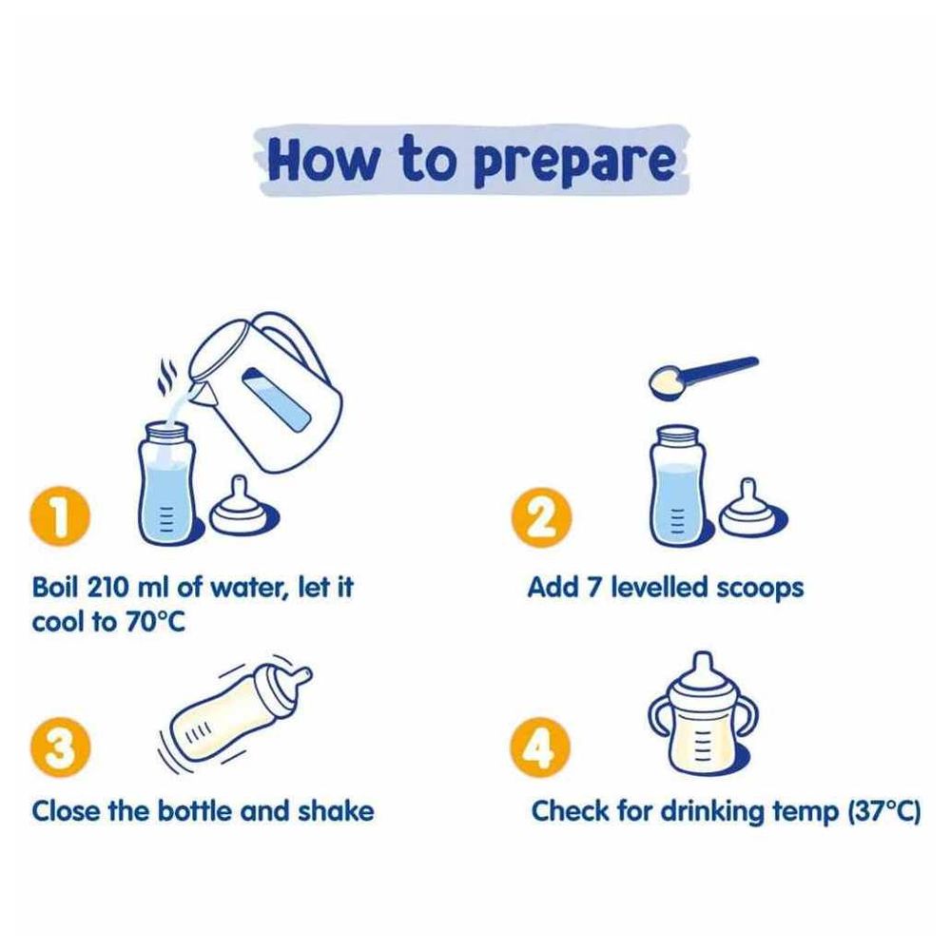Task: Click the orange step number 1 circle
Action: (x=59, y=516)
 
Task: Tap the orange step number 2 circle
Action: (x=541, y=517)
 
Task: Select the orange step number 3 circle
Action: (x=60, y=747)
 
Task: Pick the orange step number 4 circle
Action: (x=540, y=747)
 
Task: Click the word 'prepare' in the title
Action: (x=574, y=163)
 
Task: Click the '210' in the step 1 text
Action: (x=108, y=587)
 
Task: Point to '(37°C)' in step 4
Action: (x=883, y=811)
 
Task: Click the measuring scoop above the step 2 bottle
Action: (x=703, y=377)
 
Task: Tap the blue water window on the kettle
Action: (x=278, y=401)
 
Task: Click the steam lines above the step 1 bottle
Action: (x=166, y=376)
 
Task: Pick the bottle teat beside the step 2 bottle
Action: (x=752, y=511)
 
